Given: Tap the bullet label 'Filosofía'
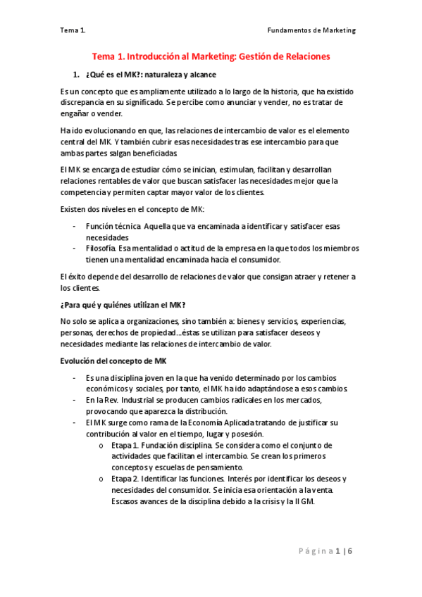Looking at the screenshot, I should [x=101, y=248].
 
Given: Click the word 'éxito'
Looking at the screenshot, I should [x=77, y=276].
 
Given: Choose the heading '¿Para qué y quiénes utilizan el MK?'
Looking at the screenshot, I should [x=123, y=304].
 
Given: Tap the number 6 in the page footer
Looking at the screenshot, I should [x=349, y=551].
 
